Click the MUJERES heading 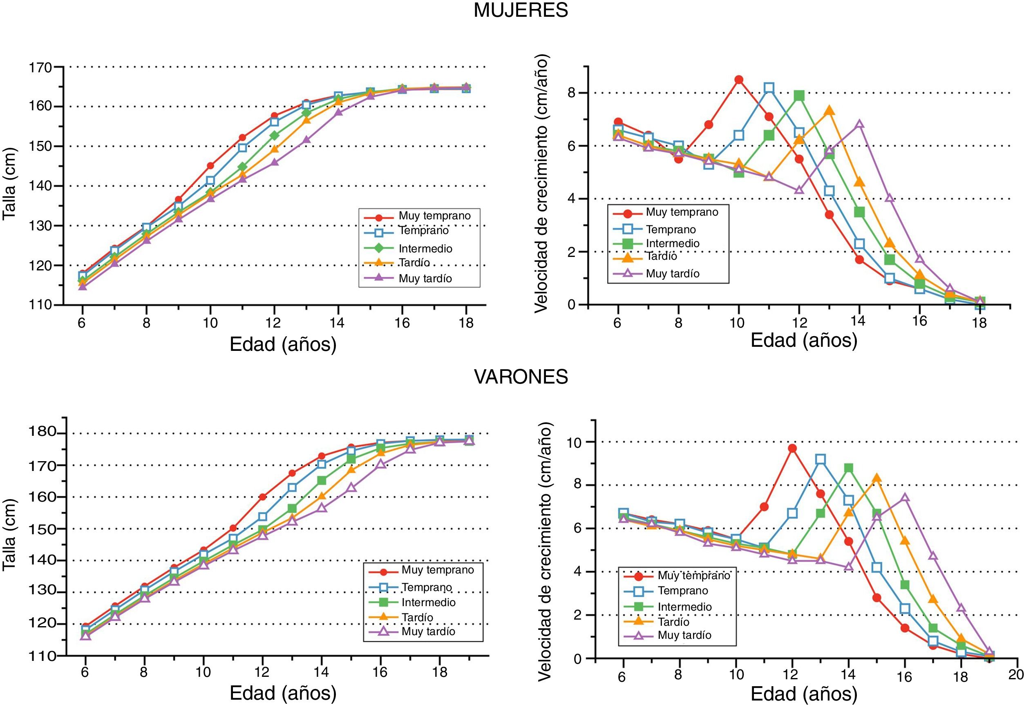[x=521, y=10]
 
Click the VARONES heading [x=521, y=376]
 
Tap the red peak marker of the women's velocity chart [x=738, y=80]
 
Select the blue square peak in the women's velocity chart [x=769, y=87]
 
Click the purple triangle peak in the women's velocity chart [x=859, y=124]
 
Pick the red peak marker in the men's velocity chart [x=792, y=448]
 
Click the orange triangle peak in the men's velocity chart [x=877, y=477]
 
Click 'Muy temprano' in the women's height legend [x=434, y=216]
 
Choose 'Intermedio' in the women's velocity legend [x=673, y=243]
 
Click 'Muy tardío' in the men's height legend [x=428, y=631]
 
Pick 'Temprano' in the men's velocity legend [x=683, y=591]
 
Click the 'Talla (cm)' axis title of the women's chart [x=9, y=184]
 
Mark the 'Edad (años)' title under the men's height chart [x=283, y=692]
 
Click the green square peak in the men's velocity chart [x=849, y=468]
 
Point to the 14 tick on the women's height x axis [x=337, y=323]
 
